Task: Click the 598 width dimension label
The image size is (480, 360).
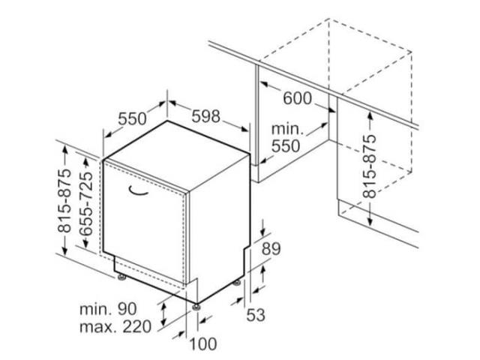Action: tap(205, 116)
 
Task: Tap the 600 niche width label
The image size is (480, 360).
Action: tap(297, 98)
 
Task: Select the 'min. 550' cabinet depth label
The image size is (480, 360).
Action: tap(286, 138)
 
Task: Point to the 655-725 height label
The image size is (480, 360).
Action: tap(85, 203)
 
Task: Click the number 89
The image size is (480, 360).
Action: tap(271, 249)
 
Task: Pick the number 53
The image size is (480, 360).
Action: tap(256, 315)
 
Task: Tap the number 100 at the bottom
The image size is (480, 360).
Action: tap(203, 343)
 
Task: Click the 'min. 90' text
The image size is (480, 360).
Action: tap(108, 309)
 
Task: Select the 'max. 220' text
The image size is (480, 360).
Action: tap(115, 327)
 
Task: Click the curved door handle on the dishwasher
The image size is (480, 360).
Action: tap(138, 191)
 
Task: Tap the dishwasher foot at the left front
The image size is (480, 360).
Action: tap(121, 277)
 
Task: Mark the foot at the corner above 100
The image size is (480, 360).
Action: tap(196, 307)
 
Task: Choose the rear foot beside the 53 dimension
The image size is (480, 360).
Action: tap(237, 283)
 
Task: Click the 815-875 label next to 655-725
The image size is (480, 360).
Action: tap(64, 200)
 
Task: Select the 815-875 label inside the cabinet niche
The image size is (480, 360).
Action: tap(369, 166)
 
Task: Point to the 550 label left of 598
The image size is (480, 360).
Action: tap(132, 118)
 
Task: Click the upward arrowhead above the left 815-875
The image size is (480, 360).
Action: tap(64, 150)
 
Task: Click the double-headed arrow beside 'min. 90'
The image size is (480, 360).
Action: tap(163, 313)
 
